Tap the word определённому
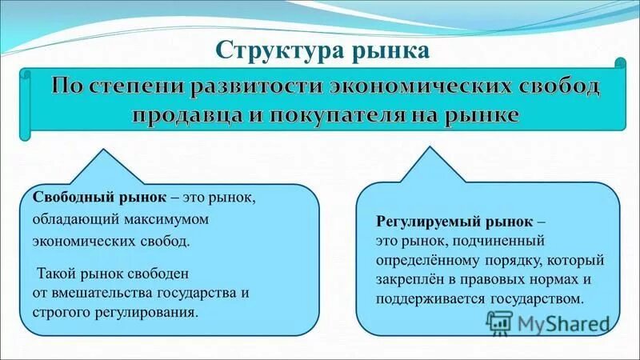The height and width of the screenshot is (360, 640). [424, 260]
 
